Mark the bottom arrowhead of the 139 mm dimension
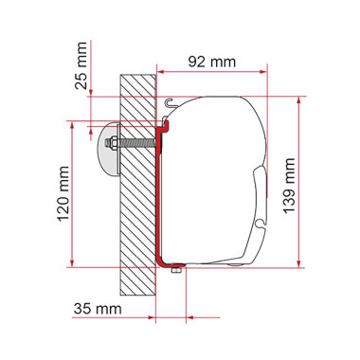(300, 261)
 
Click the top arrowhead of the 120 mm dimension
(72, 124)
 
